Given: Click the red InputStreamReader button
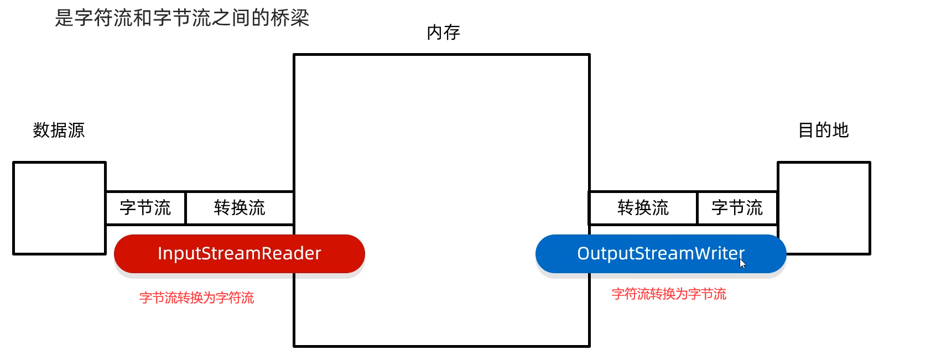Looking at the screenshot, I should [239, 254].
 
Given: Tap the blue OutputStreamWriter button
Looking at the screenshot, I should [661, 254].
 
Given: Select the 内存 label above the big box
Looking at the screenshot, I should [443, 33].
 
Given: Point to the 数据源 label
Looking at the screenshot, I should [59, 131].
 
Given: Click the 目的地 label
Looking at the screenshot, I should [823, 131].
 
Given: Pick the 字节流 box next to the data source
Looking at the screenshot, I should [145, 208].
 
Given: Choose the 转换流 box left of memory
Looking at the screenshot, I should [240, 208].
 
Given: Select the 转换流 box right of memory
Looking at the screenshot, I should [643, 208].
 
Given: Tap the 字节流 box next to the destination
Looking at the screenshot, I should [737, 208].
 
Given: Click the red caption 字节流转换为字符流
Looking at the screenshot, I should [196, 298].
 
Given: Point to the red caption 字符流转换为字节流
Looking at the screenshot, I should [669, 294].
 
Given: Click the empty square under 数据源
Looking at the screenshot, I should [59, 208].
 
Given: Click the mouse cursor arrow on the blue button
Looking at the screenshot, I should [742, 263].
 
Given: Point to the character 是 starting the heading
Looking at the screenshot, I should [64, 18].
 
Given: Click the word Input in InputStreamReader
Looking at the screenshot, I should [176, 254].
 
